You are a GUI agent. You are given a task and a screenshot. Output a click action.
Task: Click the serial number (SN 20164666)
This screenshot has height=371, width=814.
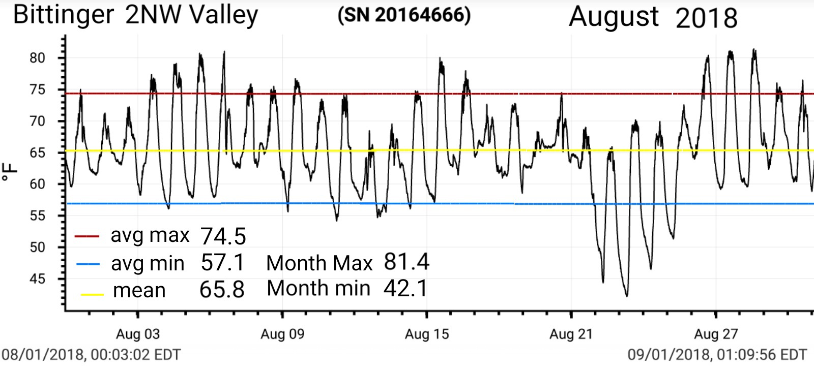(404, 15)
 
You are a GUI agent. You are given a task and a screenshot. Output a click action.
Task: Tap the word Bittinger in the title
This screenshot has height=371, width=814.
(64, 15)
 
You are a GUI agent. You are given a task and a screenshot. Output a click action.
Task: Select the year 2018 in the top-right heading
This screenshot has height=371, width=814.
(706, 18)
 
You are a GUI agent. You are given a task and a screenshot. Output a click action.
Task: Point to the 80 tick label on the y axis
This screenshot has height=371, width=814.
(37, 58)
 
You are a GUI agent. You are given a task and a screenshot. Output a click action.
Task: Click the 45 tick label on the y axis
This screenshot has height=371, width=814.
(37, 279)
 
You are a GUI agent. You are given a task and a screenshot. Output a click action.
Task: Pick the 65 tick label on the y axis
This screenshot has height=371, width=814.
(37, 152)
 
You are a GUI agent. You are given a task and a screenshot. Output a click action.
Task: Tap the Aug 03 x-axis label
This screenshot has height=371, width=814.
(137, 334)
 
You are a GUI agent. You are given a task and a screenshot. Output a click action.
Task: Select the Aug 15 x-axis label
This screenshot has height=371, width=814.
(427, 334)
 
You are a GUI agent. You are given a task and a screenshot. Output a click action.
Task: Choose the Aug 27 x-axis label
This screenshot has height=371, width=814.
(716, 334)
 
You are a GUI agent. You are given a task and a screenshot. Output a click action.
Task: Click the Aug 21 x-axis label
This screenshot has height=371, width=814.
(571, 334)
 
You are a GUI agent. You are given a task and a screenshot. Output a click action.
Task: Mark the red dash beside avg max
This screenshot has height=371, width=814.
(86, 236)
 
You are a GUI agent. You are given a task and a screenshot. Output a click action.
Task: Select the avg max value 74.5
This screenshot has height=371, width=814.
(223, 236)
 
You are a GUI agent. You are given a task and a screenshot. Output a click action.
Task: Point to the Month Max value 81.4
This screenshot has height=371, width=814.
(406, 262)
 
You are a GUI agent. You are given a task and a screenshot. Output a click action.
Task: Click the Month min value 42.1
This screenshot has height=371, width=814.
(405, 288)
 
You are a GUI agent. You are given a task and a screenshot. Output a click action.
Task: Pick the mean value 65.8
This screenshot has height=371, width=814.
(222, 290)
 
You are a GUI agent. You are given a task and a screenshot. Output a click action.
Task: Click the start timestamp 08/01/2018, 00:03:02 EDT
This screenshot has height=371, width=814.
(91, 354)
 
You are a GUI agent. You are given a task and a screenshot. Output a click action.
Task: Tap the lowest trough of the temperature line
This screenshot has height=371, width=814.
(626, 296)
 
